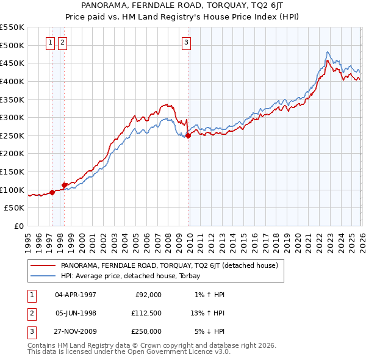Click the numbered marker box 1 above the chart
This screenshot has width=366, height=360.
coord(51,42)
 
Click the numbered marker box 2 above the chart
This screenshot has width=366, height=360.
coord(63,42)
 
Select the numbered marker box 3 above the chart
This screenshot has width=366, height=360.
coord(186,42)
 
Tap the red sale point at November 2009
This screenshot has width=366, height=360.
coord(188,136)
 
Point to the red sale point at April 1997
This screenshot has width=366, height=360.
coord(52,193)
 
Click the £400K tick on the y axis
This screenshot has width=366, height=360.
coord(12,81)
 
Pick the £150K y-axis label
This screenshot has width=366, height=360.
coord(12,171)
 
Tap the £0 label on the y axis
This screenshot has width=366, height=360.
coord(18,226)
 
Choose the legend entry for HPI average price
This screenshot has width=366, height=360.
coord(134,276)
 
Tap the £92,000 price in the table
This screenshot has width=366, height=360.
coord(148,295)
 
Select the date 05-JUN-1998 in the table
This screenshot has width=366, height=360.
coord(76,313)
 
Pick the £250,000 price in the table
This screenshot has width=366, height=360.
coord(146,331)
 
